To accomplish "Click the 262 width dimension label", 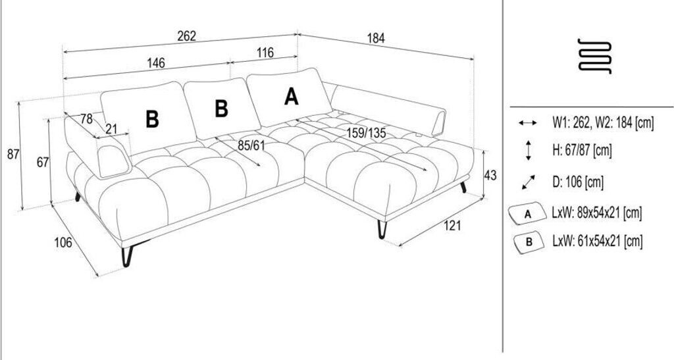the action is point(187,37).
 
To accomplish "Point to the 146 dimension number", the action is point(156,63).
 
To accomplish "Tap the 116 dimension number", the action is point(265,54).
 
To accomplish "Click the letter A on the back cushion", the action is point(291,97).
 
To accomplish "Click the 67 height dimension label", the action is point(43,163).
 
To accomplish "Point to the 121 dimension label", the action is point(452,226).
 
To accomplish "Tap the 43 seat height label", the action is point(490,176).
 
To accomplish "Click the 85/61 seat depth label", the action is point(251,144).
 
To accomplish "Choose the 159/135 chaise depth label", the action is point(367,132).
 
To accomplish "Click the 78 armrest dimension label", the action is point(86,119).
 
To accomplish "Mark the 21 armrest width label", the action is point(111,128).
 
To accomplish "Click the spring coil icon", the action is point(594,56).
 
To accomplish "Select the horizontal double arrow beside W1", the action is point(529,123).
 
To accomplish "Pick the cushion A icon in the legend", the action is point(528,214).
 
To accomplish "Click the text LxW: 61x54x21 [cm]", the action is point(597,242).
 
